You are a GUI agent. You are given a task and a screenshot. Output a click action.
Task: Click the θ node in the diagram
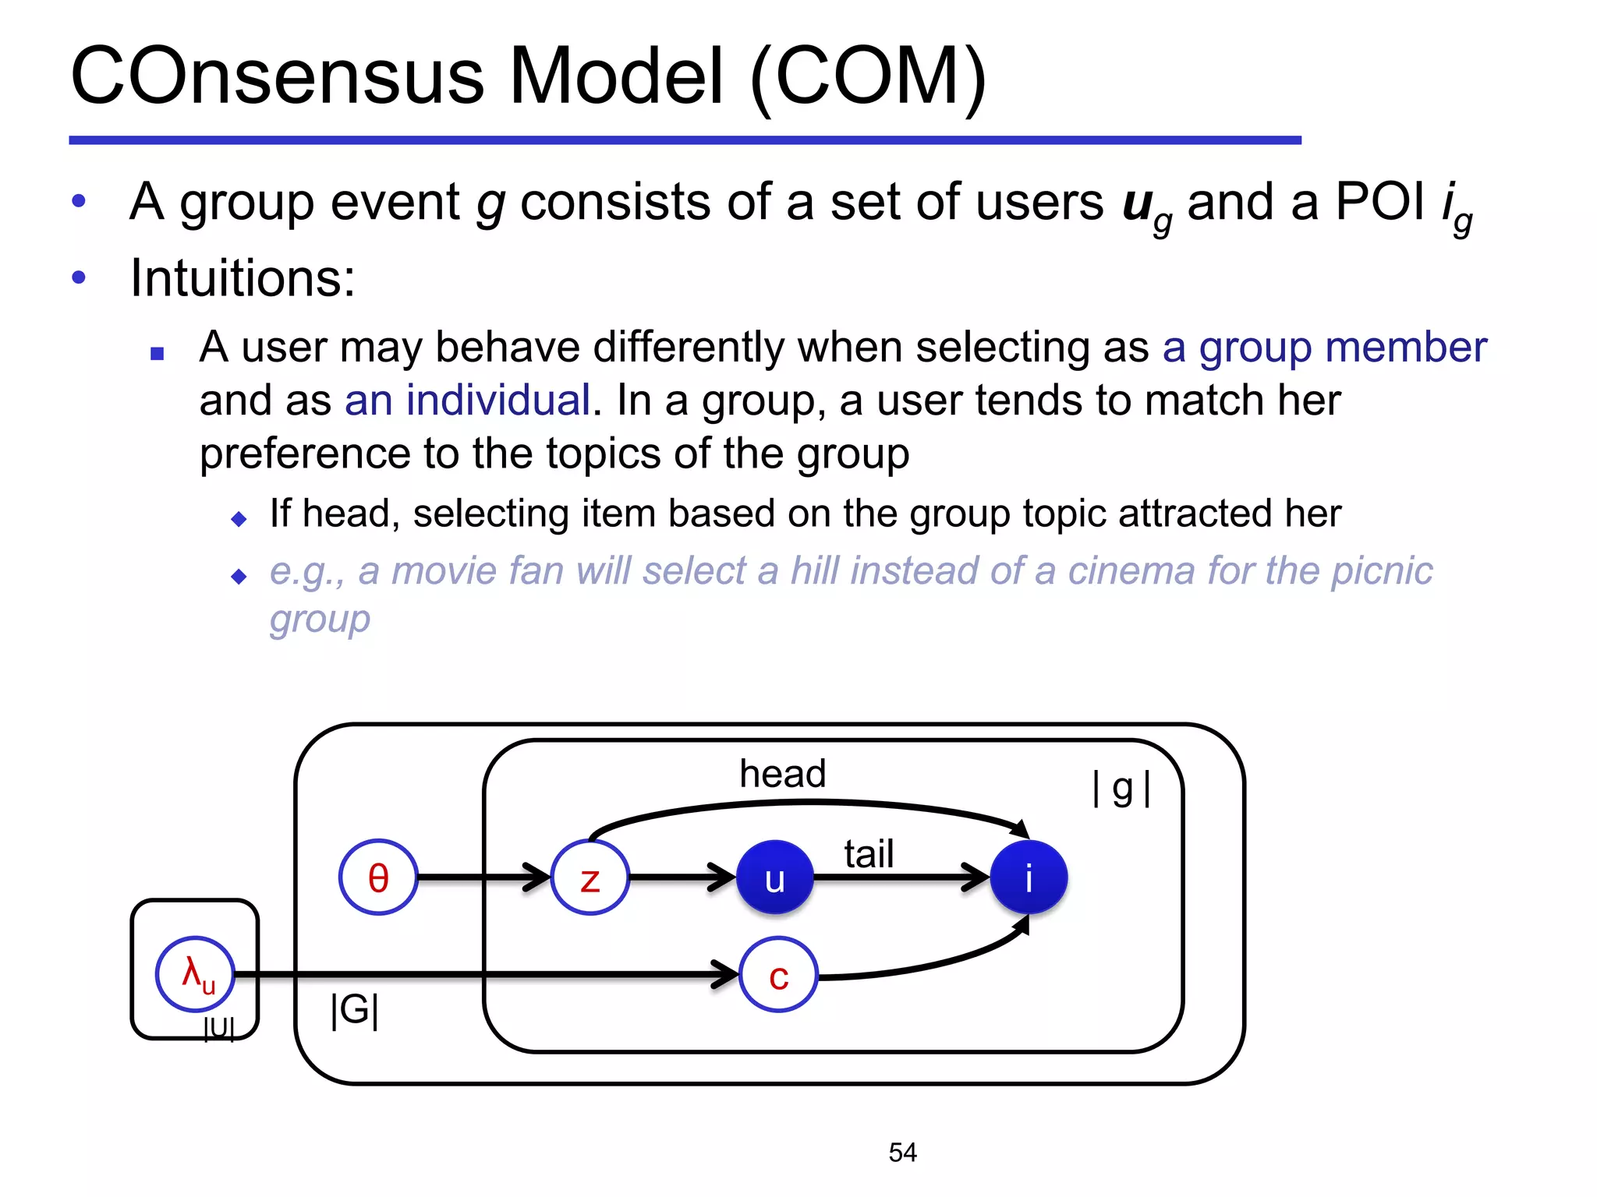378,877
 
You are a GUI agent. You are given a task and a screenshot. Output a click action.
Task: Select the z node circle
590,877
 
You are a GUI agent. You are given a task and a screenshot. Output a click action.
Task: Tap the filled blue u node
774,877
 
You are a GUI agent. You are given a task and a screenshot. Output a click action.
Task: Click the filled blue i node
1029,877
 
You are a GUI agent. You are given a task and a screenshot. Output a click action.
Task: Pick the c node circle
778,975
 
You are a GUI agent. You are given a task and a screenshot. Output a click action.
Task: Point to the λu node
195,974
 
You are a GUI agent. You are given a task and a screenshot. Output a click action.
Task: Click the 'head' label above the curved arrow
782,774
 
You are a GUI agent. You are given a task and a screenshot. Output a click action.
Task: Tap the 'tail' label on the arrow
869,854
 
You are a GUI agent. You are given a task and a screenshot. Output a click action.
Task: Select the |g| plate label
1121,789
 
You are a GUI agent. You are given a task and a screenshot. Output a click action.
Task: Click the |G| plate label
355,1010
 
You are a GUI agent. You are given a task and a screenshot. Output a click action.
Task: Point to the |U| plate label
218,1029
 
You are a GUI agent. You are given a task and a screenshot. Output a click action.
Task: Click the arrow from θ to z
483,877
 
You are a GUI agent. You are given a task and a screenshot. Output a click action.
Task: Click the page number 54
902,1152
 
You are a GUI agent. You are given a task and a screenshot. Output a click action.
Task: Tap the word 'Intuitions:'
243,277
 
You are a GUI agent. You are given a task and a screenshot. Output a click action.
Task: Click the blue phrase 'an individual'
467,401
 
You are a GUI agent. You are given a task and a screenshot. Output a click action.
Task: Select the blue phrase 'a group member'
1324,348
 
